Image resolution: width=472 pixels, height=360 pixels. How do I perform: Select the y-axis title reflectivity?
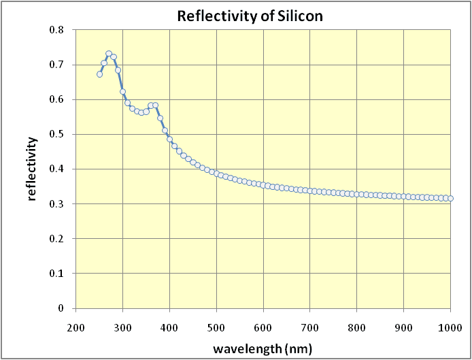point(31,169)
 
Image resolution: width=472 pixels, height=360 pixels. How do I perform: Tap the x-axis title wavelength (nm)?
point(263,349)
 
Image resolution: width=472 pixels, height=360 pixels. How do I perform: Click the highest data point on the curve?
point(109,54)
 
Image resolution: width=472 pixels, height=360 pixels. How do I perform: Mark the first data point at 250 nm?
point(99,74)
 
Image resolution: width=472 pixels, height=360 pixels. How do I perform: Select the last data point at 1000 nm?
point(450,199)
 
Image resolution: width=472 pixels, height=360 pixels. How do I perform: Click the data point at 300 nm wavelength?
point(123,91)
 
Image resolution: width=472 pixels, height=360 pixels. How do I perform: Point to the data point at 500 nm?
point(216,174)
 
